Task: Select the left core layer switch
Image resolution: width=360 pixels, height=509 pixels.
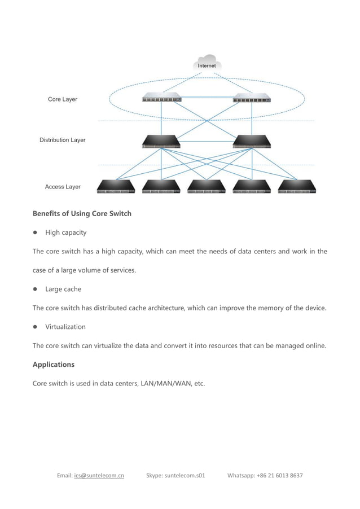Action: (161, 98)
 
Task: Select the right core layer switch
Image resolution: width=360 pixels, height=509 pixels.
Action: (252, 98)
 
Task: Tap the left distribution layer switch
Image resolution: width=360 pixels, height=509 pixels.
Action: (161, 142)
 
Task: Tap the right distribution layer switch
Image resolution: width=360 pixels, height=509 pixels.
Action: (252, 142)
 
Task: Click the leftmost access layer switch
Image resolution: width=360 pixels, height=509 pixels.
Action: (116, 186)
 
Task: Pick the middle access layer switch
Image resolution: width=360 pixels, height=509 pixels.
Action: (207, 186)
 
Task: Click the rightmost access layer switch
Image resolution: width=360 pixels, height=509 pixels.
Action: (297, 186)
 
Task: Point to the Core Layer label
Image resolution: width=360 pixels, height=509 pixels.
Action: (62, 99)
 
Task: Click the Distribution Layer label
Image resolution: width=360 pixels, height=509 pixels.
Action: (62, 140)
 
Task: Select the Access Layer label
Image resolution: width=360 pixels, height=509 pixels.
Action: (63, 187)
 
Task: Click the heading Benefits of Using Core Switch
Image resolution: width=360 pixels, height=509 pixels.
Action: (82, 213)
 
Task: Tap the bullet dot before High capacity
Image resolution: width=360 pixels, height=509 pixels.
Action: (35, 232)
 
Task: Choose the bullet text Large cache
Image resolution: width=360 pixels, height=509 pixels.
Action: (63, 289)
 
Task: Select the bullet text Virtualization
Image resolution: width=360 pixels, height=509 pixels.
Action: (65, 327)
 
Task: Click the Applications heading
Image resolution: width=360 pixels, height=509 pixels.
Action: (53, 365)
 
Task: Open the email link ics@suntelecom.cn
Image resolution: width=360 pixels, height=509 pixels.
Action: (99, 475)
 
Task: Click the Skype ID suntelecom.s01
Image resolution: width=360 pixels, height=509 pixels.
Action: (185, 475)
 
